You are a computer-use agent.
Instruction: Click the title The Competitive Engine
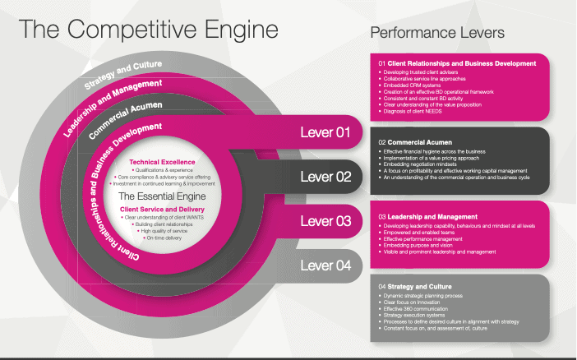pos(149,30)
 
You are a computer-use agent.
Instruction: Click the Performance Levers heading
pos(437,33)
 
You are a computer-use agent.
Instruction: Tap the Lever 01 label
pos(325,132)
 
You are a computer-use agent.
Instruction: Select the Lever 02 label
pos(325,177)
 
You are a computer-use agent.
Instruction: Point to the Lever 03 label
pos(325,221)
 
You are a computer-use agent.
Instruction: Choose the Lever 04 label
pos(325,265)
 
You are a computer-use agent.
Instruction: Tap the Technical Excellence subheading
pos(159,162)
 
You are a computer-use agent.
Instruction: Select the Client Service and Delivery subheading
pos(160,210)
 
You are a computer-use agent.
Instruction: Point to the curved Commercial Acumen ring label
pos(126,118)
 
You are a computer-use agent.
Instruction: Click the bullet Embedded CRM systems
pos(414,84)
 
